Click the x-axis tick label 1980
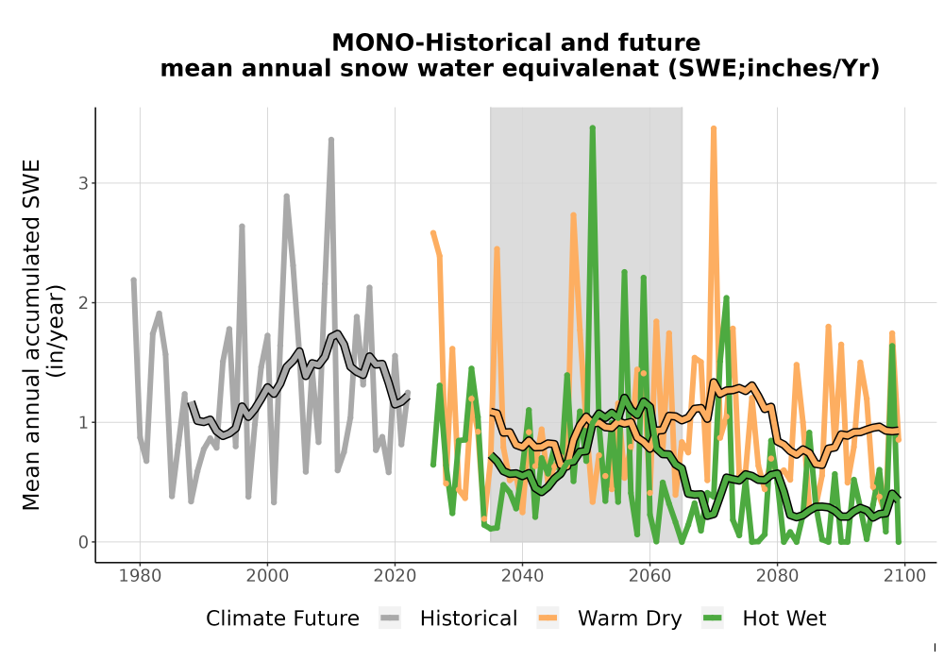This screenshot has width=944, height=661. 140,576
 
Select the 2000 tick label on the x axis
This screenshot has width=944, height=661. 267,576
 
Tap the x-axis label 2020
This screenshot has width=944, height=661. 395,576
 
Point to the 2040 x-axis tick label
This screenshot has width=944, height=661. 523,576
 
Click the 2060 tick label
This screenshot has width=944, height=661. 649,576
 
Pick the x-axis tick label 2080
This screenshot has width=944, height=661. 777,576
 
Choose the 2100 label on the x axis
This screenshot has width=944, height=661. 905,576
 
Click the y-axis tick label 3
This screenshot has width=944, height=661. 83,183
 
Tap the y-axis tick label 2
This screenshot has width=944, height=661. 83,302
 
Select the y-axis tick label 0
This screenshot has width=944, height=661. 83,542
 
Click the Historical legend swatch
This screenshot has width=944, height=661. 390,619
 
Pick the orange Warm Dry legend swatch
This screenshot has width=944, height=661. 548,619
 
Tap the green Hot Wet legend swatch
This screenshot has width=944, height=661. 713,619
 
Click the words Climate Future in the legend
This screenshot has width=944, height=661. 282,619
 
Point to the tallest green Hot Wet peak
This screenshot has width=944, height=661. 593,127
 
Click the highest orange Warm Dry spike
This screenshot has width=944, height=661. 714,128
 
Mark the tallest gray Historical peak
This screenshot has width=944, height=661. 331,140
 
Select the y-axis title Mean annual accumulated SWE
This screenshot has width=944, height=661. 31,334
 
